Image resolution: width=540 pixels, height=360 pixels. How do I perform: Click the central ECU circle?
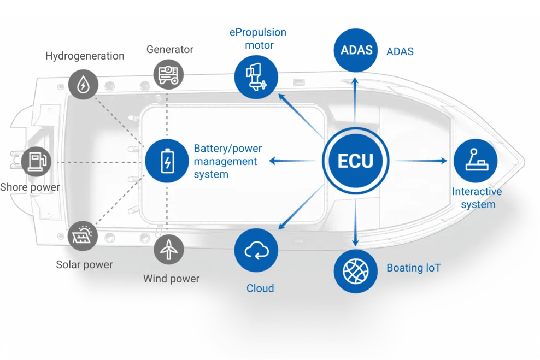pyautogui.click(x=355, y=161)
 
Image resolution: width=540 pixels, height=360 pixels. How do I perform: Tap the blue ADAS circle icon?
pyautogui.click(x=356, y=50)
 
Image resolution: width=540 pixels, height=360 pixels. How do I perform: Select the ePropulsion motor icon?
pyautogui.click(x=256, y=77)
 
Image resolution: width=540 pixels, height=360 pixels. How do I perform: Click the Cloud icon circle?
pyautogui.click(x=256, y=251)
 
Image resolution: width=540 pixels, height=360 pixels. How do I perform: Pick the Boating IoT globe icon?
pyautogui.click(x=355, y=271)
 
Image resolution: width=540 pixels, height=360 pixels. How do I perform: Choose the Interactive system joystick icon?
pyautogui.click(x=475, y=161)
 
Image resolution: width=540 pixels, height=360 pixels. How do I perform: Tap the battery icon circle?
pyautogui.click(x=167, y=161)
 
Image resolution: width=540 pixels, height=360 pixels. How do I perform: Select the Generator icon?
pyautogui.click(x=168, y=74)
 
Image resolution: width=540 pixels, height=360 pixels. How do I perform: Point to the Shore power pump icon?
pyautogui.click(x=36, y=161)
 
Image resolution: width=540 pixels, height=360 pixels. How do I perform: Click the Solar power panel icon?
pyautogui.click(x=83, y=235)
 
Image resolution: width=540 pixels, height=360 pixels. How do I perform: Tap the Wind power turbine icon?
pyautogui.click(x=169, y=249)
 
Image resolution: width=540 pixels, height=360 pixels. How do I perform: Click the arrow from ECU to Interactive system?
pyautogui.click(x=421, y=161)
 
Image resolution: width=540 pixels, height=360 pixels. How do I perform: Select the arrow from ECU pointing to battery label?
pyautogui.click(x=292, y=161)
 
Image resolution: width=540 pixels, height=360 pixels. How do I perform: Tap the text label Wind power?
pyautogui.click(x=171, y=279)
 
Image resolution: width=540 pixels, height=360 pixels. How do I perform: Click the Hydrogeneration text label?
pyautogui.click(x=85, y=56)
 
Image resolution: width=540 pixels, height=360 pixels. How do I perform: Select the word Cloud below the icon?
pyautogui.click(x=260, y=288)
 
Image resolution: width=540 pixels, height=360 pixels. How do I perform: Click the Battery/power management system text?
pyautogui.click(x=227, y=161)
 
